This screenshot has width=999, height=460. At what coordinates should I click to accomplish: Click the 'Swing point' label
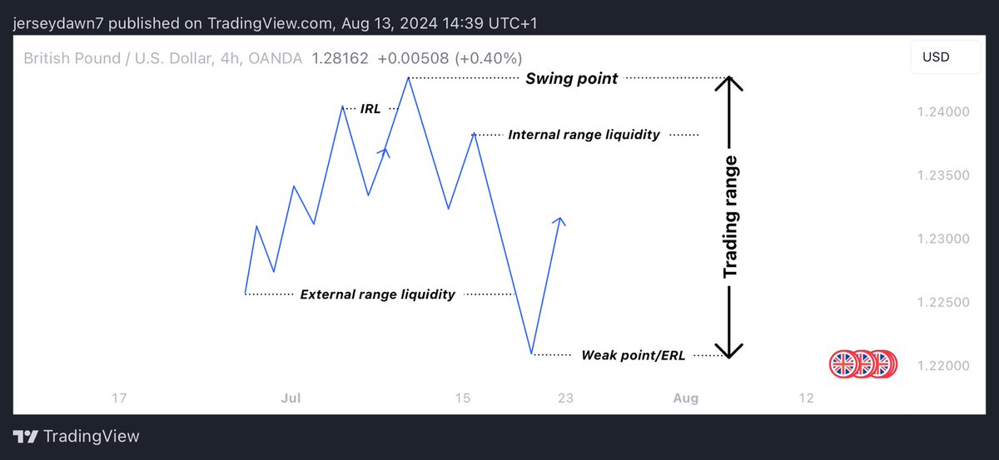(571, 79)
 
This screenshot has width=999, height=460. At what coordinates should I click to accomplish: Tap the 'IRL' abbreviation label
(370, 108)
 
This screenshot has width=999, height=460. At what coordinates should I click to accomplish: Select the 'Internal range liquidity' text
(584, 134)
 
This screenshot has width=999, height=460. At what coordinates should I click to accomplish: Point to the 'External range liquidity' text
(377, 294)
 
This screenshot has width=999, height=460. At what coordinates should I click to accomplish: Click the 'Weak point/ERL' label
(633, 355)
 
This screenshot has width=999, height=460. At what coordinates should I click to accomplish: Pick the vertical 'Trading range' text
(730, 216)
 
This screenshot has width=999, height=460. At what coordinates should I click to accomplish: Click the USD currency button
(935, 58)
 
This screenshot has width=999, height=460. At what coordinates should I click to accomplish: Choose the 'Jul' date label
(291, 398)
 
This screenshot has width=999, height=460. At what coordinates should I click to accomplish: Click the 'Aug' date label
(686, 398)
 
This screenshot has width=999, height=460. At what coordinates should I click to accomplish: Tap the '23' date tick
(565, 398)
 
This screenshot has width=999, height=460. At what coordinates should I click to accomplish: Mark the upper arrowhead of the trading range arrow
(729, 83)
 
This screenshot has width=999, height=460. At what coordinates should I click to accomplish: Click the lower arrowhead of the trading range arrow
(729, 351)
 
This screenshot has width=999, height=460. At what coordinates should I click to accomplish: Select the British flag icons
(863, 364)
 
